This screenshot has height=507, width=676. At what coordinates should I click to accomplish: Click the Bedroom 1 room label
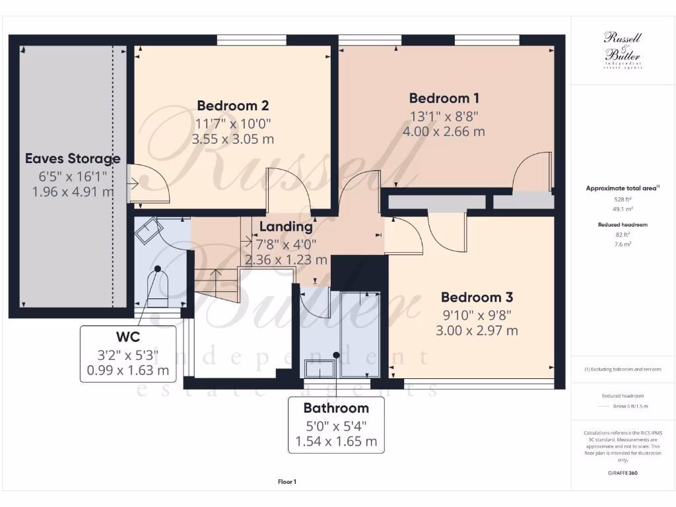click(x=444, y=98)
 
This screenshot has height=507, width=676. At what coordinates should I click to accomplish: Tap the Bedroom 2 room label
click(x=232, y=106)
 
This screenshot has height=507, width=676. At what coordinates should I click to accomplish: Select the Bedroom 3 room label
click(x=477, y=297)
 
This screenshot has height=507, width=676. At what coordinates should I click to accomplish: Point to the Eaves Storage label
click(x=73, y=158)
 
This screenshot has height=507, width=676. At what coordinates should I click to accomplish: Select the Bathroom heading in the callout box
click(x=335, y=407)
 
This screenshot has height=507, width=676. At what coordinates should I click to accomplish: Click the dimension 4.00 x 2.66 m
click(x=444, y=131)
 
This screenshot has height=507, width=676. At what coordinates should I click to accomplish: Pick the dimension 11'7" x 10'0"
click(x=232, y=123)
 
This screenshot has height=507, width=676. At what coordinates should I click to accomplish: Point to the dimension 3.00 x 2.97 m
click(x=477, y=330)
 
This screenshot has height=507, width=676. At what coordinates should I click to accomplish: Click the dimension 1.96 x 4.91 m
click(x=73, y=191)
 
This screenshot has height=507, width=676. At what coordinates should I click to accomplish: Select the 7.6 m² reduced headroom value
click(x=622, y=244)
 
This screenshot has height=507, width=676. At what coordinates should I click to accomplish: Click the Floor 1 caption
click(x=287, y=482)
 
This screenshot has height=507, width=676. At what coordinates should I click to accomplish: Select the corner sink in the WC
click(x=148, y=230)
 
